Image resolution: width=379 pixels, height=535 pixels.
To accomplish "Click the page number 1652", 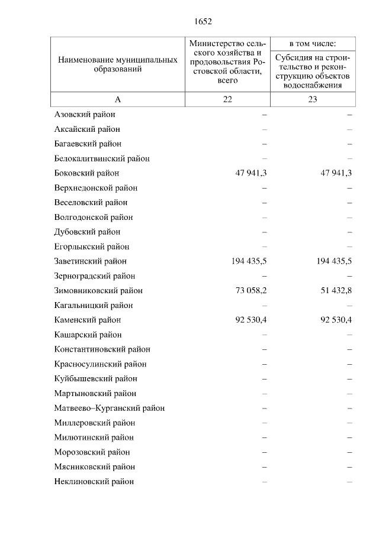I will (x=203, y=22).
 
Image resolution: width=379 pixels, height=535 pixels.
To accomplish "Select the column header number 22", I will (x=227, y=99).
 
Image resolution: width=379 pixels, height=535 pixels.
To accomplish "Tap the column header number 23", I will (x=313, y=99).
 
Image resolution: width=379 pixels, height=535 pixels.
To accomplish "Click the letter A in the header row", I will (x=117, y=99).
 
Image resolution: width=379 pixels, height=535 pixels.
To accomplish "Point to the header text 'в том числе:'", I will (x=313, y=44).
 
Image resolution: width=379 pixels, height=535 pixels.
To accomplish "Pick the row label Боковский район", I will (x=86, y=173).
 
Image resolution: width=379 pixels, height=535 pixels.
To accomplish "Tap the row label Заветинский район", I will (x=90, y=261).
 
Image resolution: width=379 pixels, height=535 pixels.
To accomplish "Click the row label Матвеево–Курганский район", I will (x=109, y=408).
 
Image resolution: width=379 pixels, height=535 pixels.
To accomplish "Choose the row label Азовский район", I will (x=84, y=114).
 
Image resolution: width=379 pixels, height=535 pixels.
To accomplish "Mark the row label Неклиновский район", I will (x=94, y=481).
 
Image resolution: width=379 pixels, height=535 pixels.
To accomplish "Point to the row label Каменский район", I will (x=87, y=320).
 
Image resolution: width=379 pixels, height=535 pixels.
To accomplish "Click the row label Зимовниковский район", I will (x=98, y=291).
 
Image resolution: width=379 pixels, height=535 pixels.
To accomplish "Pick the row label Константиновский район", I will (x=102, y=349).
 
